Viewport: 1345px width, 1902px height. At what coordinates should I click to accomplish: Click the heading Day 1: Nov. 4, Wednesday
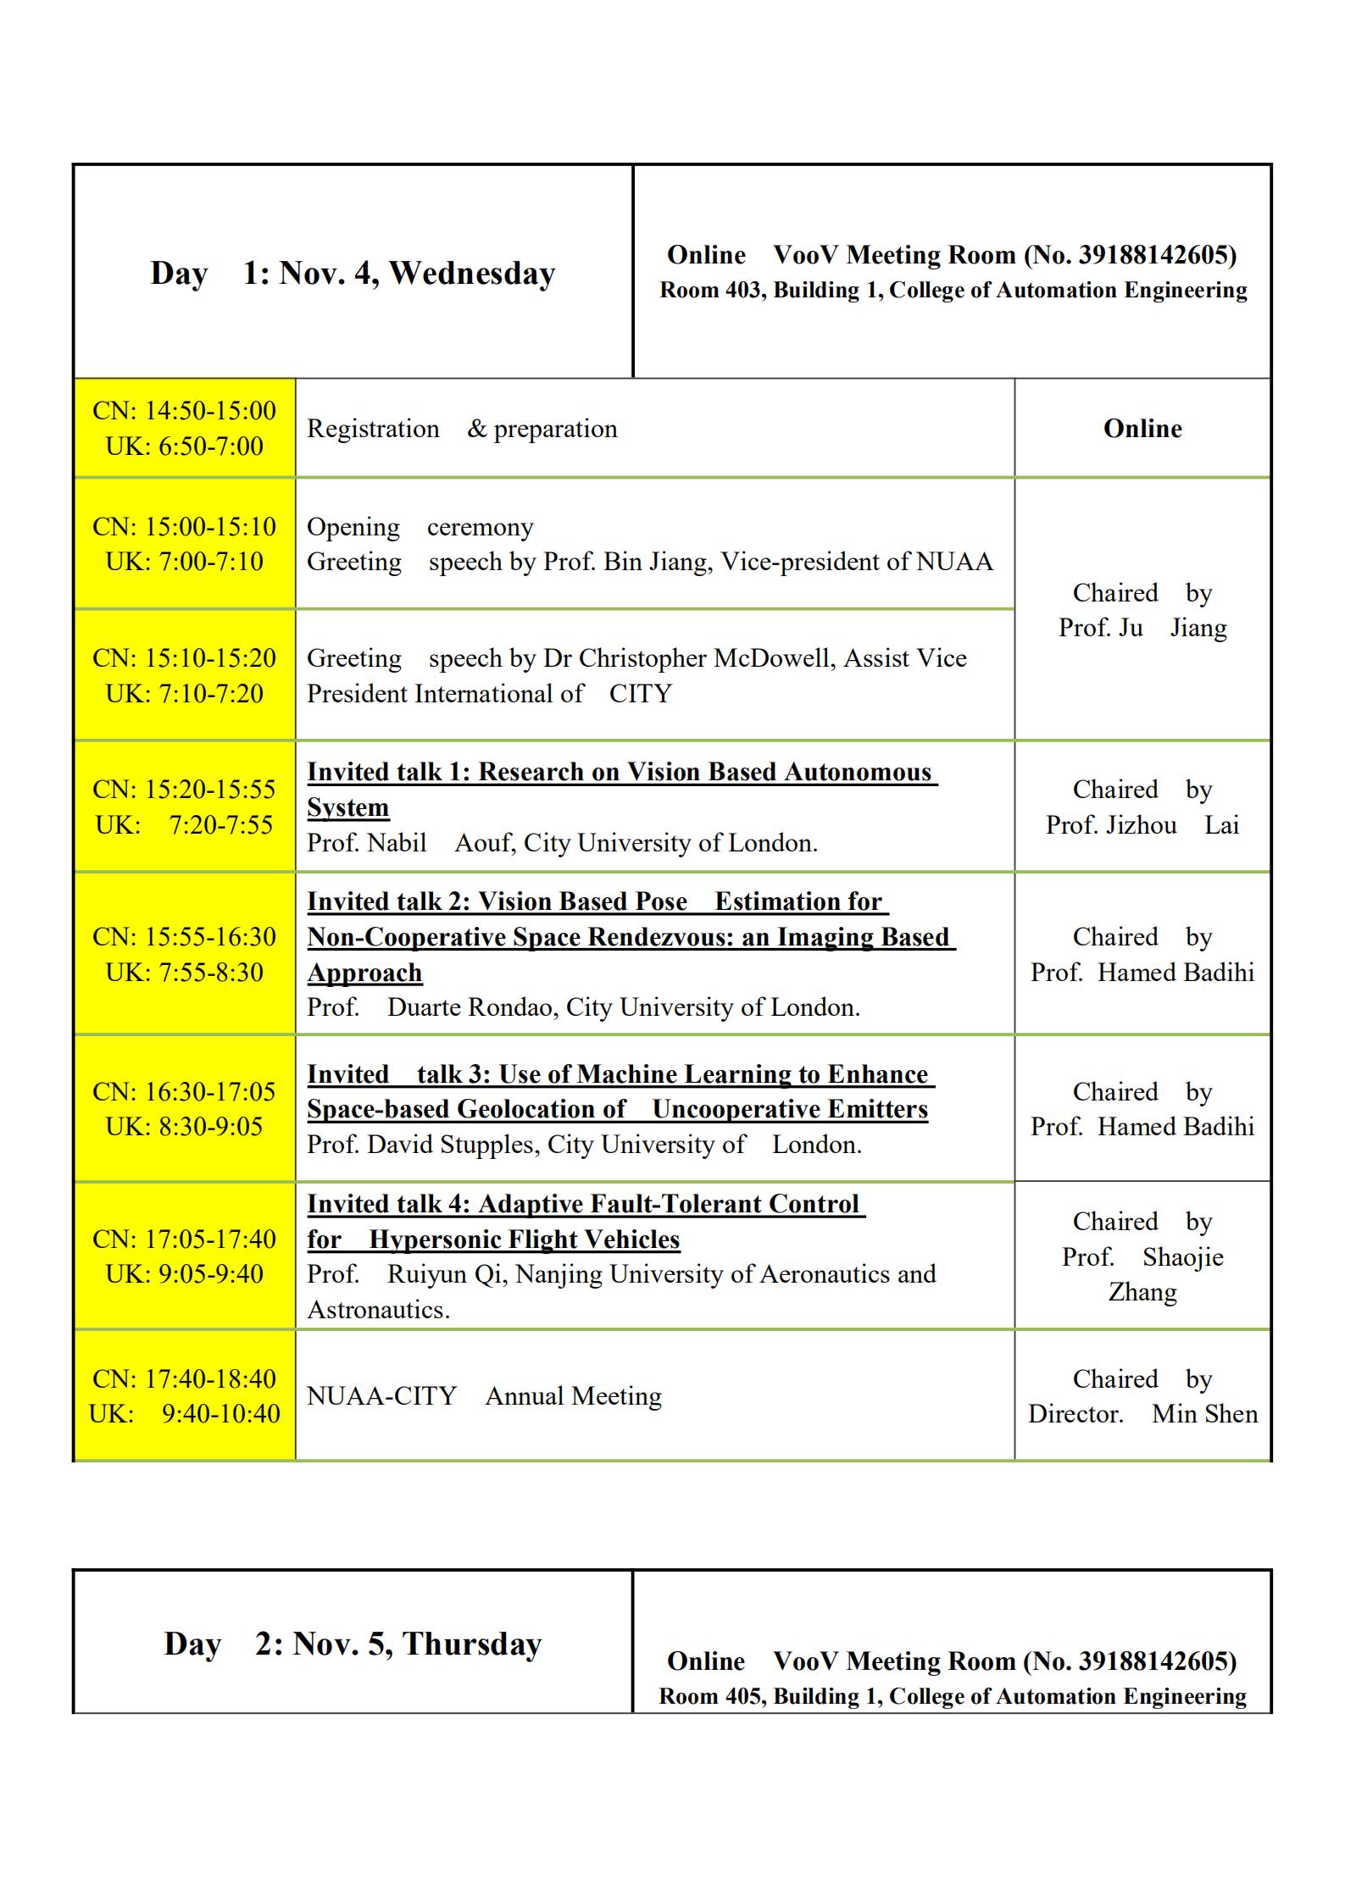coord(353,273)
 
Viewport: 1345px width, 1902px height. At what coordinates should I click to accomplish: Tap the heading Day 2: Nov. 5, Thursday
coord(353,1643)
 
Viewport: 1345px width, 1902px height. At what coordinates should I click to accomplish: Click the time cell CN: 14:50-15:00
coord(184,411)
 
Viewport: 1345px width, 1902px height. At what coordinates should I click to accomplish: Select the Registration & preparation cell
coord(462,429)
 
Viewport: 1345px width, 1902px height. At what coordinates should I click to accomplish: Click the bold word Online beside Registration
coord(1142,429)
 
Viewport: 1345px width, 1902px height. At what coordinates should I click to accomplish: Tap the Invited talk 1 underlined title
coord(620,788)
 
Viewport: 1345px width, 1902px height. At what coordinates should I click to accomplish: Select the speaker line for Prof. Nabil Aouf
coord(561,843)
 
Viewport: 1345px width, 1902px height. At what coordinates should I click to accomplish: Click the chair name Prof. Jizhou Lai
coord(1142,825)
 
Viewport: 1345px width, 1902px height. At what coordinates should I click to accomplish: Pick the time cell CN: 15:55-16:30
coord(184,937)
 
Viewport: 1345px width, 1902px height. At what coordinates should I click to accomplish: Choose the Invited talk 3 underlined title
coord(619,1091)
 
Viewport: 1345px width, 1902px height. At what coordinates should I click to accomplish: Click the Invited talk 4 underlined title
coord(585,1221)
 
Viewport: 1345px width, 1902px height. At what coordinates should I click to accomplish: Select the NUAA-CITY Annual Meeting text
coord(484,1395)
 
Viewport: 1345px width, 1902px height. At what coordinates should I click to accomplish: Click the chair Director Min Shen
coord(1142,1414)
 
